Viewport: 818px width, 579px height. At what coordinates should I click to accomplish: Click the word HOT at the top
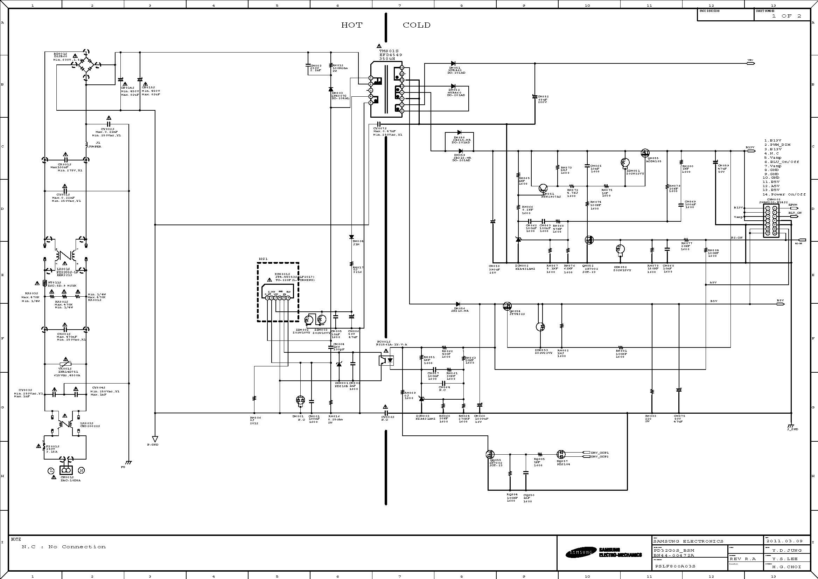pos(352,25)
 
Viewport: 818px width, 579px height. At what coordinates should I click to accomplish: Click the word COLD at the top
pos(417,25)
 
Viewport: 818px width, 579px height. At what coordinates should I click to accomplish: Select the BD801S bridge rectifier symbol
pos(86,65)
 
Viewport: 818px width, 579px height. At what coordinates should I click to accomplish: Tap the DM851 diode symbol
pos(453,63)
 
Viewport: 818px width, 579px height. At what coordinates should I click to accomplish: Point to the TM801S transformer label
pos(389,51)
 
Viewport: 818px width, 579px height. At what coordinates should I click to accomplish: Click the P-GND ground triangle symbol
pos(155,439)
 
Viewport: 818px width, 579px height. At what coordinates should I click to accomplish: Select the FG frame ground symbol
pos(128,463)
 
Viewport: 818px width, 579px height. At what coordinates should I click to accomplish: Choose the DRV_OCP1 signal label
pos(600,453)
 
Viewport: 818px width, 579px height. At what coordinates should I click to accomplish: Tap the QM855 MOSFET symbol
pos(645,153)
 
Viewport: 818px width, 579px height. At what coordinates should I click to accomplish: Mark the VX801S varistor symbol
pos(65,364)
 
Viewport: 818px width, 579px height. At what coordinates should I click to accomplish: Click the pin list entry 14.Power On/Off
pos(784,194)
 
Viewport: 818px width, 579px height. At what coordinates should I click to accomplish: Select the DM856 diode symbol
pos(458,304)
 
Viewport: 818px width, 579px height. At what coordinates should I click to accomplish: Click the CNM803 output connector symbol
pos(771,221)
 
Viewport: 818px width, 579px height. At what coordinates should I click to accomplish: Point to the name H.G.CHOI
pos(786,566)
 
